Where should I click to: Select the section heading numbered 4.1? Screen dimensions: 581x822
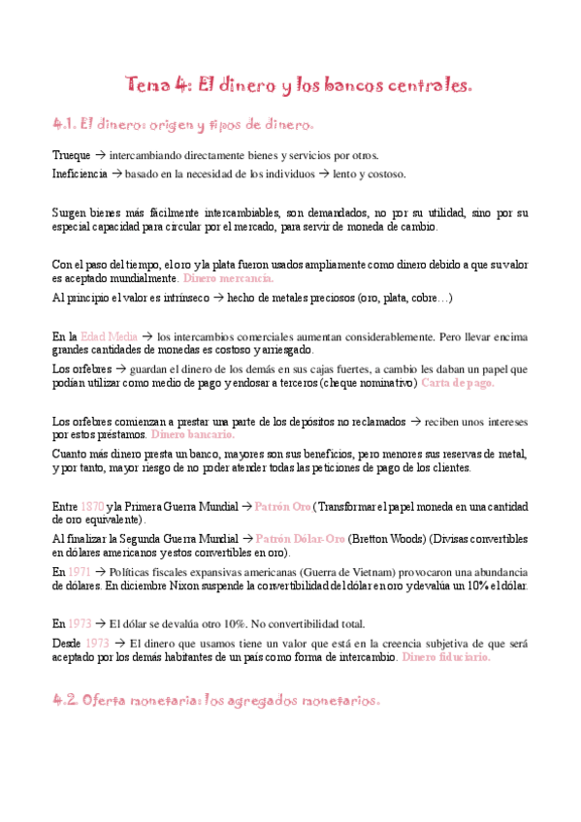pyautogui.click(x=183, y=125)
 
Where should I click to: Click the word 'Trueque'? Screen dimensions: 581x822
pyautogui.click(x=71, y=155)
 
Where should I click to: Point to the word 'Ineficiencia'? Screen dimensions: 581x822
pyautogui.click(x=81, y=174)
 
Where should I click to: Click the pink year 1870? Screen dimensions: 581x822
pyautogui.click(x=92, y=506)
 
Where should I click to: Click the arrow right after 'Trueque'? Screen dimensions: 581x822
pyautogui.click(x=101, y=155)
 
